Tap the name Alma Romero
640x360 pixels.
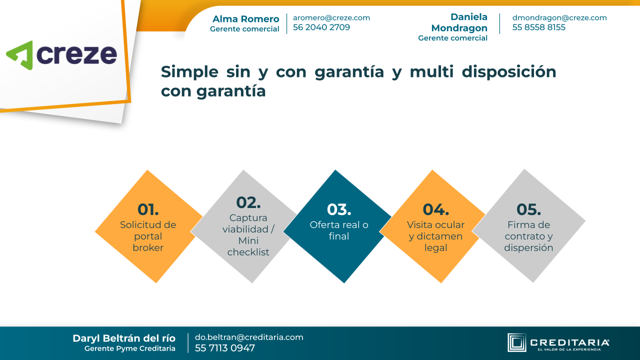245,19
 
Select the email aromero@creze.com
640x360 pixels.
331,17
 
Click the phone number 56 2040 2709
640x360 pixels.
321,27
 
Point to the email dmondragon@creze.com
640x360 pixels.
559,17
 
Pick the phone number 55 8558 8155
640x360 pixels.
539,27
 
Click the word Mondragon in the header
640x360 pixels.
459,28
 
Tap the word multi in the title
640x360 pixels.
431,71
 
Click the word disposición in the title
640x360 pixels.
509,72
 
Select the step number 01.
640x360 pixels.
148,209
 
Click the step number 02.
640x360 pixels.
248,202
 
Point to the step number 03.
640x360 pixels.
339,209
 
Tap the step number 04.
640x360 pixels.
435,209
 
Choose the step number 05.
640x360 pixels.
528,209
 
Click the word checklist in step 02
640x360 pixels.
248,252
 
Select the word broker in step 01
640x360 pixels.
148,247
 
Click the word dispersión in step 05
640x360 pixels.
528,247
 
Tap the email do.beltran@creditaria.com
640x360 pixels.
249,337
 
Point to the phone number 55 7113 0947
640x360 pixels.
225,348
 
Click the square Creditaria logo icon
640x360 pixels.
516,342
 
